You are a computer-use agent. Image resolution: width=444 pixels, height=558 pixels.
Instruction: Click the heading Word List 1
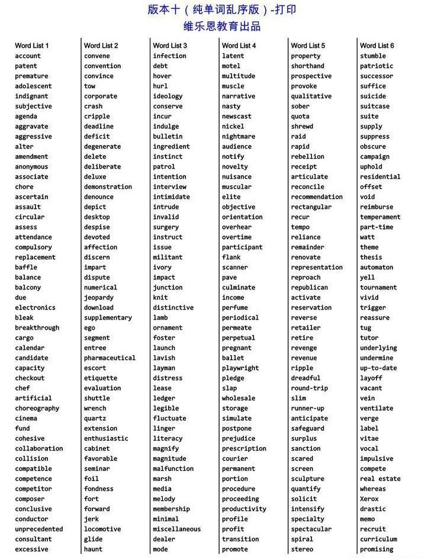tap(32, 46)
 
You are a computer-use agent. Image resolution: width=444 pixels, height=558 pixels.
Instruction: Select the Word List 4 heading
tap(239, 46)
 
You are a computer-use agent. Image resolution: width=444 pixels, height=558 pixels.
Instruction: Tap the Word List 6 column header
tap(377, 46)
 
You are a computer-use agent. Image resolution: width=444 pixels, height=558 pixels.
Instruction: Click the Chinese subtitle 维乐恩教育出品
tap(222, 27)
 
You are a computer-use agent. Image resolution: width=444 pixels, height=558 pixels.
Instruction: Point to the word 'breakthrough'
tap(37, 328)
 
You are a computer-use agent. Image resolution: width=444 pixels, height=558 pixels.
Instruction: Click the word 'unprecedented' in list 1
tap(39, 529)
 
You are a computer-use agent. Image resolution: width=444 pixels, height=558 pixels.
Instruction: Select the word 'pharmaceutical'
tap(110, 358)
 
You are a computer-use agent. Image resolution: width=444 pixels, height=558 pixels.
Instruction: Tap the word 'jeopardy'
tap(99, 298)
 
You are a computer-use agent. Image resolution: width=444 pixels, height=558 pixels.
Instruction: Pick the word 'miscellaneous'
tap(176, 529)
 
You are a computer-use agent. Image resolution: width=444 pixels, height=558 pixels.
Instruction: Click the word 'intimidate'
tap(171, 197)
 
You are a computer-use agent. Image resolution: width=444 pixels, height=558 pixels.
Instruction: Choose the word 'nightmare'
tap(239, 137)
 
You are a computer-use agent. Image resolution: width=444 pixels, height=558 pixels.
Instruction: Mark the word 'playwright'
tap(240, 368)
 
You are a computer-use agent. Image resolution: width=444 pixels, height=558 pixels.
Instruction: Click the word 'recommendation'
tap(317, 197)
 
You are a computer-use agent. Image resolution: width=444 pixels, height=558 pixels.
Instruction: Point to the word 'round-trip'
tap(309, 388)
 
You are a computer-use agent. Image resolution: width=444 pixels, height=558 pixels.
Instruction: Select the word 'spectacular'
tap(311, 529)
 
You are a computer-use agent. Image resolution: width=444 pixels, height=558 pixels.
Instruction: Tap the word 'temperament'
tap(380, 217)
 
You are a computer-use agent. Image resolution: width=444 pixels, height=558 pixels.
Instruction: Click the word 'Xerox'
tap(369, 499)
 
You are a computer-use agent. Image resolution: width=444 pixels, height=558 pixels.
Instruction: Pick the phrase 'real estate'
tap(380, 479)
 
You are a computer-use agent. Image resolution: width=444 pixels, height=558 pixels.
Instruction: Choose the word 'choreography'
tap(37, 408)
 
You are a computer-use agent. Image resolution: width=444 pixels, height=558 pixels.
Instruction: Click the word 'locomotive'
tap(102, 529)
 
